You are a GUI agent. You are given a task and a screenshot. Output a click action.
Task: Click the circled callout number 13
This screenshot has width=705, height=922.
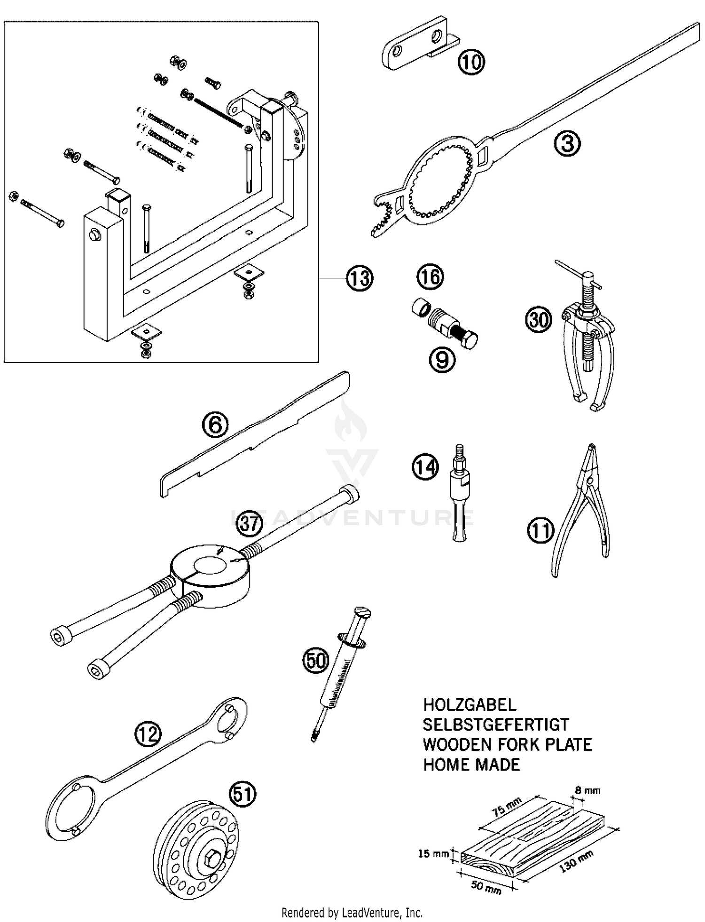click(360, 278)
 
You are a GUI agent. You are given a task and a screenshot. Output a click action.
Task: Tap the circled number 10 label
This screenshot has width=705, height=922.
click(471, 62)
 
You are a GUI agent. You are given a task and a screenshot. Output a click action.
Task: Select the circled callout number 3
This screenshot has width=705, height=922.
click(567, 143)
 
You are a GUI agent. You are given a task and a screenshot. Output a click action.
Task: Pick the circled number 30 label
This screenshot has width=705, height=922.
click(538, 320)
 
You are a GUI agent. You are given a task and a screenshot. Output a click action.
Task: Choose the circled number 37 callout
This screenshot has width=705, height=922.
click(248, 523)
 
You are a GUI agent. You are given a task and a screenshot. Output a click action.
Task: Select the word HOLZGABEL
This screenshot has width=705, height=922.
click(470, 704)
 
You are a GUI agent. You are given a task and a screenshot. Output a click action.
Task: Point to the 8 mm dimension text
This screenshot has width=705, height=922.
click(587, 790)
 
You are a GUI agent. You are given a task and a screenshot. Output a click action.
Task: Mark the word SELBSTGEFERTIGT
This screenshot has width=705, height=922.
click(496, 725)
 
